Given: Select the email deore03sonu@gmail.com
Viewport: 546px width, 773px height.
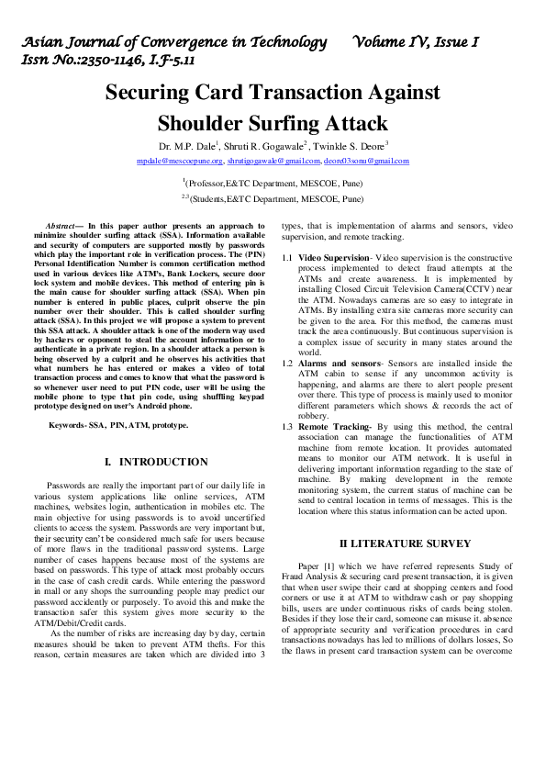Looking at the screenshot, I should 366,161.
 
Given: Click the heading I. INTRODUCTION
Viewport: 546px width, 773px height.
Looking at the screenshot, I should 157,461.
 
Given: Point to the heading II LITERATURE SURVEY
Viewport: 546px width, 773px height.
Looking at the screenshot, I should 393,543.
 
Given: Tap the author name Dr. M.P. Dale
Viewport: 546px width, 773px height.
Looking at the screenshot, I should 187,145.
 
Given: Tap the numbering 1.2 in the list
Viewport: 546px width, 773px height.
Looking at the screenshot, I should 287,364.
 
